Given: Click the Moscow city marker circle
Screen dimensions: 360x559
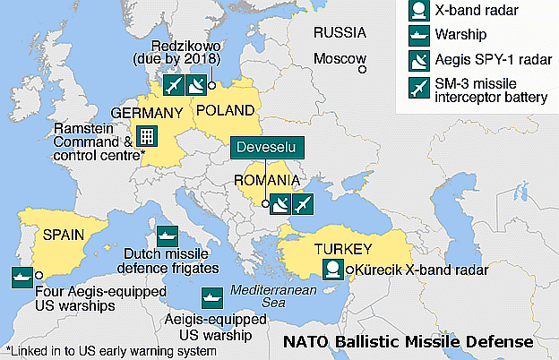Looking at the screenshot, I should pos(362,67).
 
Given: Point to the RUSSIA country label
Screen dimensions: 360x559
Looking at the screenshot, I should pos(340,32).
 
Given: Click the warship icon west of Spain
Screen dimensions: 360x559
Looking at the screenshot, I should pos(21,276).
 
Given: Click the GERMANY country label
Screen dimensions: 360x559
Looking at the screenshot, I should pos(146,114).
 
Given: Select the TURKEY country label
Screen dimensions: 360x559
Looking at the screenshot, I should pos(341,247).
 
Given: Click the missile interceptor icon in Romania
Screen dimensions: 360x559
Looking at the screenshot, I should pos(304,204).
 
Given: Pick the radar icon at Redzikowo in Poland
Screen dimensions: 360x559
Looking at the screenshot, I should pos(196,86).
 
